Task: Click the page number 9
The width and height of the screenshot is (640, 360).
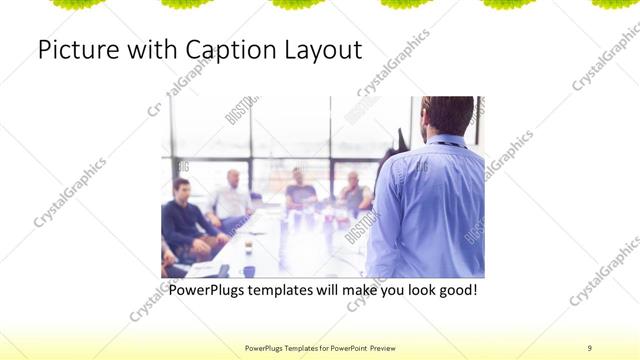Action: pyautogui.click(x=589, y=347)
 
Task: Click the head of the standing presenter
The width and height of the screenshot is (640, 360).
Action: pyautogui.click(x=447, y=115)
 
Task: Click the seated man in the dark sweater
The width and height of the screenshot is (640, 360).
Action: pyautogui.click(x=185, y=215)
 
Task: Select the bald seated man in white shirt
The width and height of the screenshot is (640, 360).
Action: pyautogui.click(x=232, y=195)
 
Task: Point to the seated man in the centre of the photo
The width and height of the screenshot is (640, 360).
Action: pyautogui.click(x=300, y=190)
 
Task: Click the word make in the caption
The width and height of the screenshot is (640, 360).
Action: pyautogui.click(x=359, y=290)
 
